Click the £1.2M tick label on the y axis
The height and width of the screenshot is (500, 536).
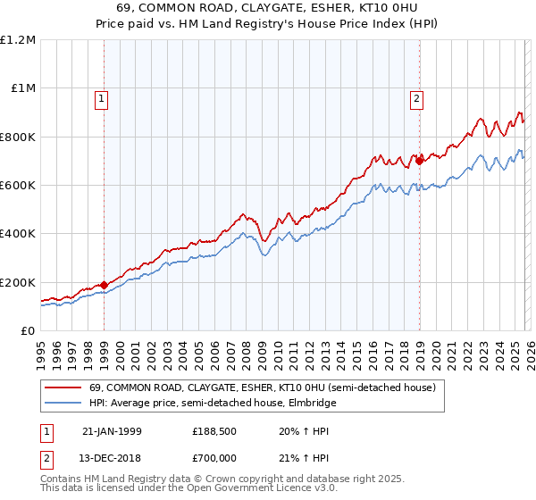click(x=19, y=40)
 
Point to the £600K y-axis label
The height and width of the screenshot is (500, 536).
click(x=19, y=186)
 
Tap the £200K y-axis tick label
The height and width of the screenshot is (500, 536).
click(x=19, y=282)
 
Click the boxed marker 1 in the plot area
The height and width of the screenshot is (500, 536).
click(x=104, y=99)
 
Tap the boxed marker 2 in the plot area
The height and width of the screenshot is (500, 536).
click(x=417, y=99)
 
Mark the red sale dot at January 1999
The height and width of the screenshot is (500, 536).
click(x=105, y=286)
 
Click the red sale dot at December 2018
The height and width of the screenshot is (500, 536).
click(x=419, y=162)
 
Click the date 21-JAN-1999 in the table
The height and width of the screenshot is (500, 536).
click(x=112, y=431)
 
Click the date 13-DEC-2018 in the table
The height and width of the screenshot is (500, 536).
click(x=112, y=456)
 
